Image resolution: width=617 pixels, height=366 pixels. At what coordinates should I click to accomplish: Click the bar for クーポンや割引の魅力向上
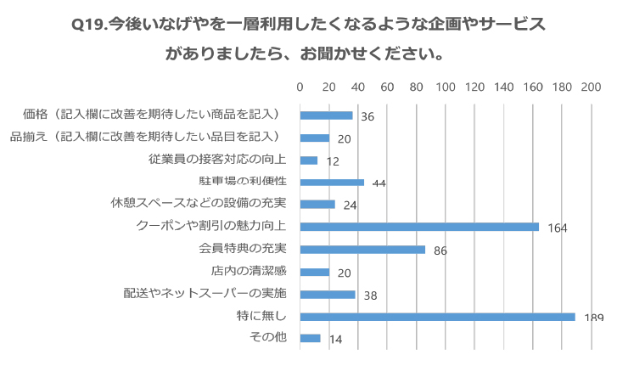click(x=419, y=227)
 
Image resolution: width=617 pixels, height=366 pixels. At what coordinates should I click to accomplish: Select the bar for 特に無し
click(x=437, y=316)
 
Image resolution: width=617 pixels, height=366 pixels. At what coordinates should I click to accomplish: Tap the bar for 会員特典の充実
click(x=362, y=249)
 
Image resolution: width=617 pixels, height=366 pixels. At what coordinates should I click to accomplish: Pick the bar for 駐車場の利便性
click(x=332, y=182)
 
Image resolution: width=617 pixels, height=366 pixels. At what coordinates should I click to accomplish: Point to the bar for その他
click(x=310, y=338)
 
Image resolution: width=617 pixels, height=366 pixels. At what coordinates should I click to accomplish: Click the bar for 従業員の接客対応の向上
click(x=309, y=160)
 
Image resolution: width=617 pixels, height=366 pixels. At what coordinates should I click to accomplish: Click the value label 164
click(x=557, y=228)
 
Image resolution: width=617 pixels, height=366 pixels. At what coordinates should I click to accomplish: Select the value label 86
click(x=440, y=251)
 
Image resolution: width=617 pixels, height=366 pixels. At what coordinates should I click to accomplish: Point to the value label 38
click(x=370, y=296)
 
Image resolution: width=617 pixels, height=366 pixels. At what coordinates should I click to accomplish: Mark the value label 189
click(x=593, y=318)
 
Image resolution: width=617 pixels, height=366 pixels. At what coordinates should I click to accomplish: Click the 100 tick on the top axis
click(x=446, y=87)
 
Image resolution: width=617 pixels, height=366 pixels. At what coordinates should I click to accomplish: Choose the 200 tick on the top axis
click(x=591, y=87)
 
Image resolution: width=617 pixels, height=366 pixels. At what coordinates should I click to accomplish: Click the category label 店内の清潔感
click(x=249, y=271)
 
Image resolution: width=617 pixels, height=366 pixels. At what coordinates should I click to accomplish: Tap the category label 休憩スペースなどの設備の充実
click(x=199, y=204)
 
